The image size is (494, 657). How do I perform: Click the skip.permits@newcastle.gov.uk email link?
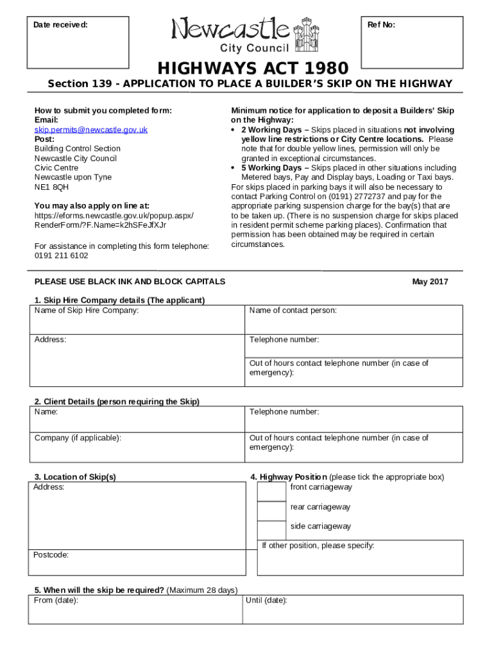(x=90, y=130)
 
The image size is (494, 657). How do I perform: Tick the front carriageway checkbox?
(x=271, y=491)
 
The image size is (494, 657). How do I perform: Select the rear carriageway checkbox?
(x=271, y=510)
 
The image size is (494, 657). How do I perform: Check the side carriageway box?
(x=271, y=529)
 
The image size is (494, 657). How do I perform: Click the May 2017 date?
(x=430, y=282)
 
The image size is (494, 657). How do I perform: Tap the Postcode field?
(x=137, y=563)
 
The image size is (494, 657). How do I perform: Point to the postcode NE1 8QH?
(x=51, y=187)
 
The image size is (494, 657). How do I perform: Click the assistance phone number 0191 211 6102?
(x=62, y=255)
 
